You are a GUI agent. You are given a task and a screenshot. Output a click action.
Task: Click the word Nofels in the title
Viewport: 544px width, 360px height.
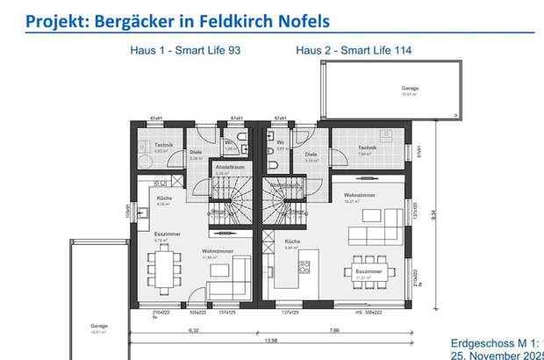[x=303, y=19]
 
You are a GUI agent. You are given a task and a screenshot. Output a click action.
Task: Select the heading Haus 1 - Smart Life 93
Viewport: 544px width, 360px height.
[x=185, y=51]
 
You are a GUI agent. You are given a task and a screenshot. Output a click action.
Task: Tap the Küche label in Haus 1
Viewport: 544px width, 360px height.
[x=164, y=198]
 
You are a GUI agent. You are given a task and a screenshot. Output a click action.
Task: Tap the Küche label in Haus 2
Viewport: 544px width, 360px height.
[x=292, y=241]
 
